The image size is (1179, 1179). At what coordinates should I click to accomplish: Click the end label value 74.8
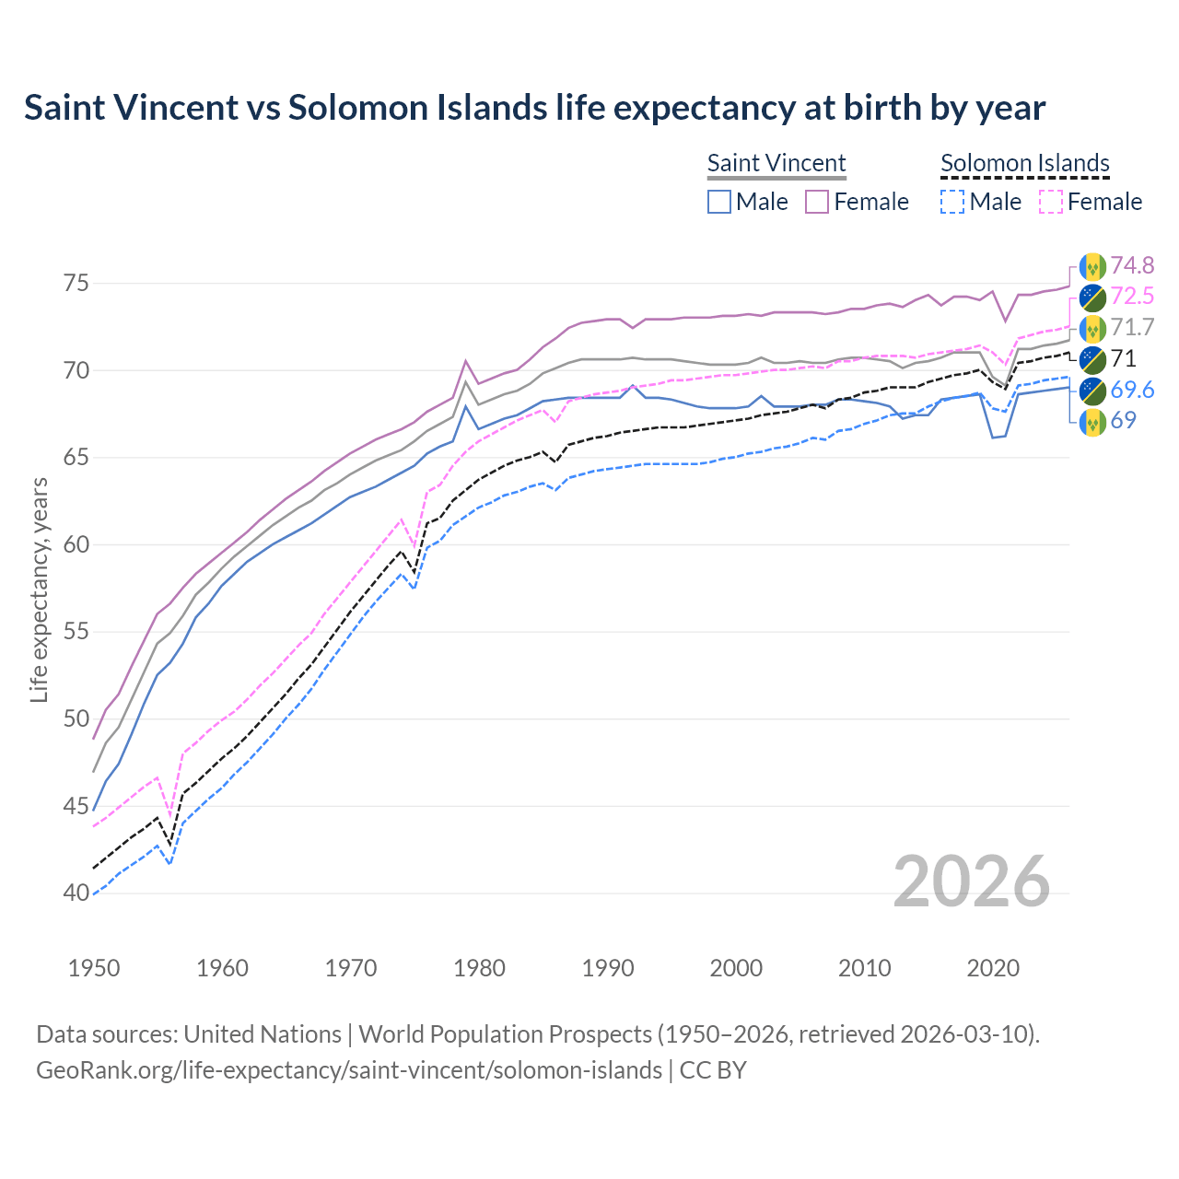(1132, 266)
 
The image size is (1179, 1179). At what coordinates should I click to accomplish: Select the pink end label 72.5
(1132, 297)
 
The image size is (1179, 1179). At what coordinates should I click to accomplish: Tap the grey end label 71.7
(1132, 328)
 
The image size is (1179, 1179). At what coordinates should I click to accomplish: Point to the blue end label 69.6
(1132, 391)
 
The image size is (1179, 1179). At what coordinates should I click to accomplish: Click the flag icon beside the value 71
(1092, 359)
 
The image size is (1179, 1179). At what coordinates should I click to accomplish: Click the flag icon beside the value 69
(1092, 422)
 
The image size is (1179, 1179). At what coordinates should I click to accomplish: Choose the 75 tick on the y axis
(76, 284)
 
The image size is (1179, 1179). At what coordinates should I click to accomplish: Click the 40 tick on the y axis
(76, 893)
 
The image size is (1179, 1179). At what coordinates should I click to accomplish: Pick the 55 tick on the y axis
(76, 632)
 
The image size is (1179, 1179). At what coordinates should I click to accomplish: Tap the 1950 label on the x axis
(94, 968)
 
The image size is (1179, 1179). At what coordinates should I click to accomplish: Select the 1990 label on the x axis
(608, 968)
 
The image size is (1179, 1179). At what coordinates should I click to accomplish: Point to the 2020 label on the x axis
(993, 968)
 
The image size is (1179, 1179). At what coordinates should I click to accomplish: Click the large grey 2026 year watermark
(971, 881)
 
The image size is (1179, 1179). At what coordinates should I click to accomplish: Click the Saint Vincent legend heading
(776, 163)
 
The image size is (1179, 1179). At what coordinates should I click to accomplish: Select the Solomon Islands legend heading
(1024, 163)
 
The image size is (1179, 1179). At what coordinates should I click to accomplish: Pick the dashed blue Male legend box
(952, 202)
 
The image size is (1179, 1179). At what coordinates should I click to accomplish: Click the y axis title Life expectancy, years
(39, 589)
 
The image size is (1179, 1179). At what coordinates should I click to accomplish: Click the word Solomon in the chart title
(351, 108)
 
